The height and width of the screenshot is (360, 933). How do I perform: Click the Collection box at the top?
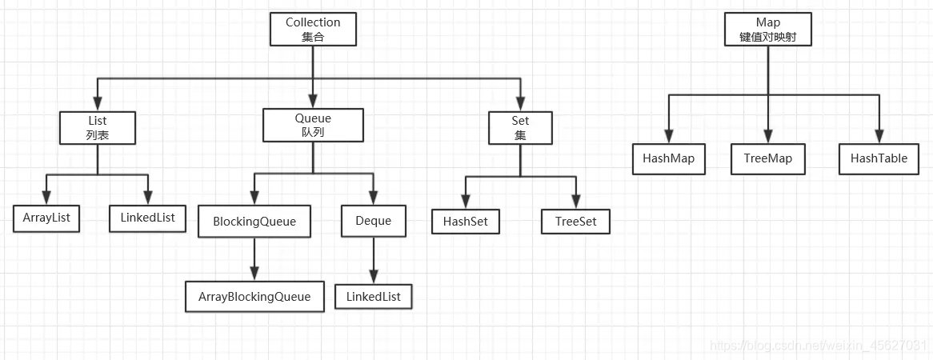coord(313,29)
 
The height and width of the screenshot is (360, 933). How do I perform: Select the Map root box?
coord(767,29)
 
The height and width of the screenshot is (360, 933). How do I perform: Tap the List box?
coord(98,127)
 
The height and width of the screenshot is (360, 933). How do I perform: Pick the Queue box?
coord(313,125)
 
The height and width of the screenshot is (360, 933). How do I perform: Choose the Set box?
coord(520,128)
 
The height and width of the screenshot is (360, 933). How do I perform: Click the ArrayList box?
coord(46,218)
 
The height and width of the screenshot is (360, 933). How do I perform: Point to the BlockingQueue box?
coord(254,221)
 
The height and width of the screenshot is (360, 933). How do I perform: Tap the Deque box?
coord(373,221)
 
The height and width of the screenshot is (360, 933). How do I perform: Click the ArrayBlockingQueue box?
coord(254,297)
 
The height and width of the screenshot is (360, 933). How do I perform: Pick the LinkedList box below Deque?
coord(373,297)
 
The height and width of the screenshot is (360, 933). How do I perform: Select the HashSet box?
coord(466,221)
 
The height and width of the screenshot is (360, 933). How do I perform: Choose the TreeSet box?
coord(575,221)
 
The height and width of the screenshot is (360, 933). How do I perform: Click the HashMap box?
coord(668,158)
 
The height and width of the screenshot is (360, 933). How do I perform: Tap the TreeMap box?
coord(767,158)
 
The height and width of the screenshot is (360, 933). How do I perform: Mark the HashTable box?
coord(879,158)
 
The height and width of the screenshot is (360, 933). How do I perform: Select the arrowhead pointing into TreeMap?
coord(767,138)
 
